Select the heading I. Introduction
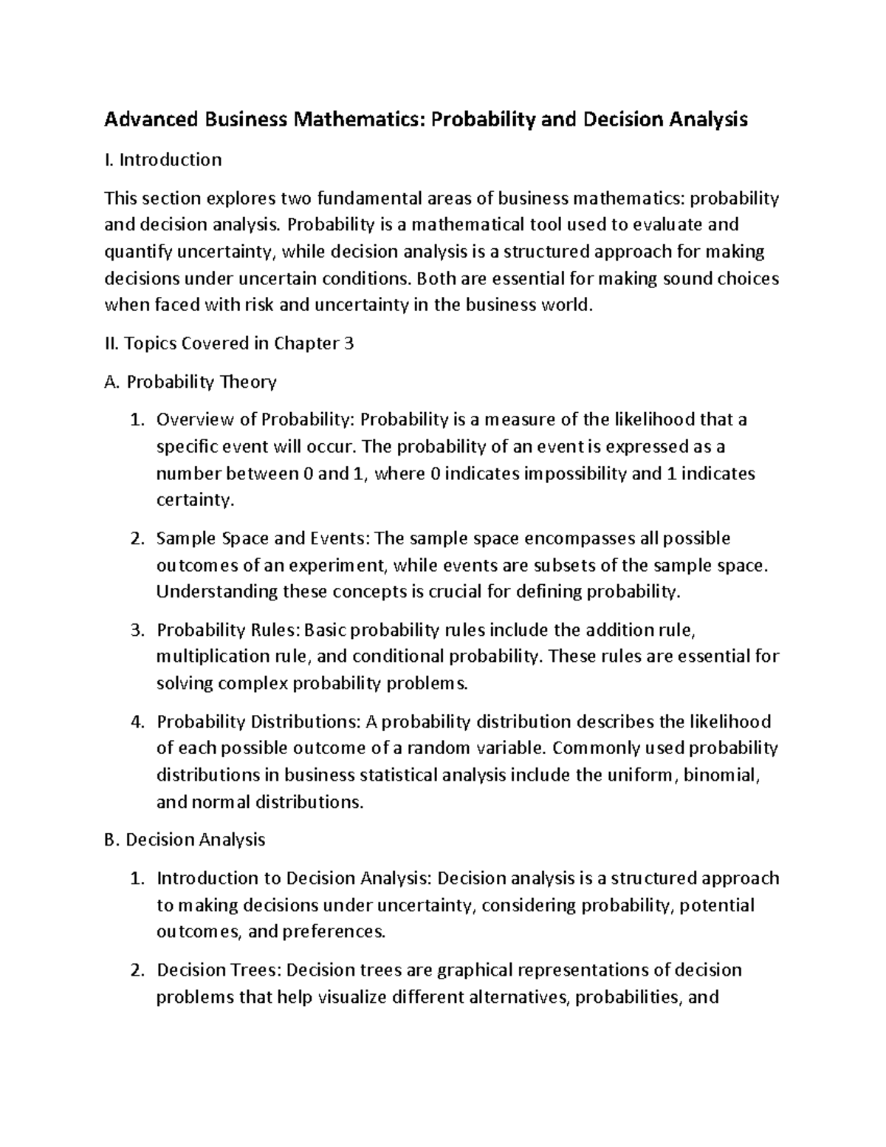(x=162, y=160)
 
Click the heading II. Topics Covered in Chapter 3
(x=229, y=343)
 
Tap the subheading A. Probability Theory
(x=190, y=382)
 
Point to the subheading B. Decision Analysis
(x=185, y=840)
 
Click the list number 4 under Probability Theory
(x=136, y=722)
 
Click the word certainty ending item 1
(x=194, y=500)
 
